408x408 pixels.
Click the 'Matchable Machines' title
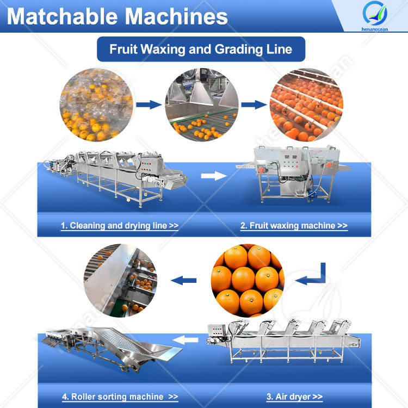[x=117, y=16]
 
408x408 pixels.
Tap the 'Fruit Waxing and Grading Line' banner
[x=201, y=49]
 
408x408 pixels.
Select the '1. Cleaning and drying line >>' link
[x=119, y=225]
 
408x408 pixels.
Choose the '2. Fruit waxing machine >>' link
[x=294, y=225]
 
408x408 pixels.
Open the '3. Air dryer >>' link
[x=294, y=397]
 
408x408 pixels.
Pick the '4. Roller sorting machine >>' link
[x=120, y=397]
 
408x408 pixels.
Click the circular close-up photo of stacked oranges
[x=248, y=281]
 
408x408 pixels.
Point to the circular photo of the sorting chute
[x=120, y=281]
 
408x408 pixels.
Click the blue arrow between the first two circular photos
[x=145, y=104]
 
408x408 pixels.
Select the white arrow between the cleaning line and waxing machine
[x=213, y=176]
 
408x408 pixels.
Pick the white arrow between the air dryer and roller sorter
[x=190, y=341]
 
